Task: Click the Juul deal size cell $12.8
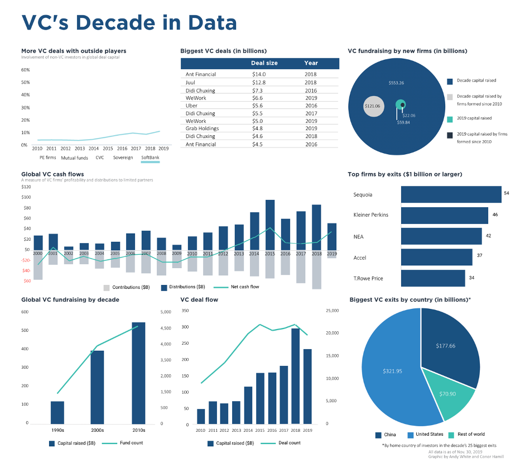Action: (x=258, y=82)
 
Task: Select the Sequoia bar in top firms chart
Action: (x=451, y=194)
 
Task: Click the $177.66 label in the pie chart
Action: (x=445, y=346)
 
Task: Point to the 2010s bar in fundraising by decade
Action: (x=138, y=373)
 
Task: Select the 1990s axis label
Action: (x=57, y=430)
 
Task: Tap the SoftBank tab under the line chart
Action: (x=150, y=158)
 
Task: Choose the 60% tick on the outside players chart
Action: (x=25, y=70)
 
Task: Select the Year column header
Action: (x=311, y=63)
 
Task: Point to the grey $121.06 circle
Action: (x=374, y=106)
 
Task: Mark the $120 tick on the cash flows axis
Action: (x=26, y=187)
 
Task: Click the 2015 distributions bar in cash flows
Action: (x=270, y=225)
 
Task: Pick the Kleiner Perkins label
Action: (x=370, y=215)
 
